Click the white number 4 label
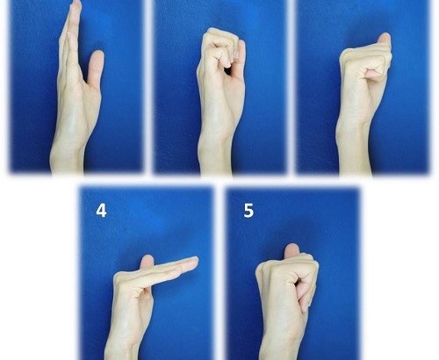click(101, 211)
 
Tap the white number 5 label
click(248, 211)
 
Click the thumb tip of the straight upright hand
click(97, 56)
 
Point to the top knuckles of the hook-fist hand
click(218, 32)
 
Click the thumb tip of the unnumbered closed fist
click(385, 39)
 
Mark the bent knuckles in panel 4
click(123, 277)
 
